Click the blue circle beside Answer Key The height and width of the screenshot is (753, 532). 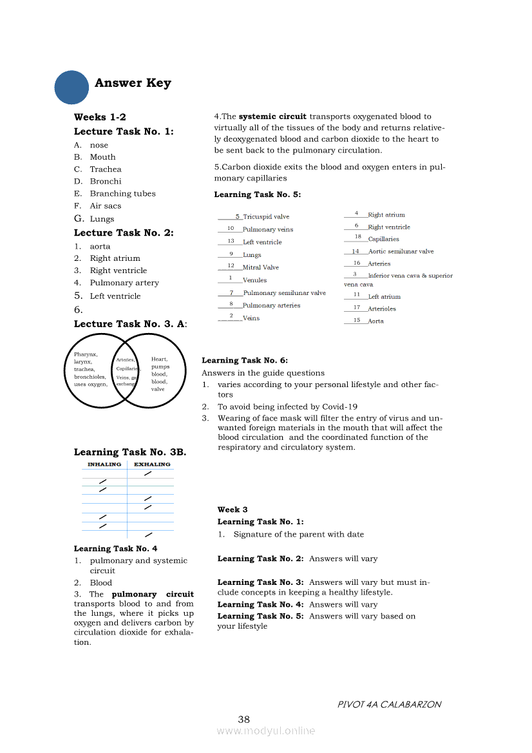[x=71, y=87]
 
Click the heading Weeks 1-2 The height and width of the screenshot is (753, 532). [x=100, y=117]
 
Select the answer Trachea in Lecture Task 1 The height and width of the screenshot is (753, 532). [x=106, y=169]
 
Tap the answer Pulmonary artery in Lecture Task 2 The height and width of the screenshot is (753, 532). [x=124, y=283]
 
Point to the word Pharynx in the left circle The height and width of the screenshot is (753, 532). [x=86, y=354]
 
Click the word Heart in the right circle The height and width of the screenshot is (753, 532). [x=159, y=359]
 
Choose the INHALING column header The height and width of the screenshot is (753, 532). [x=104, y=464]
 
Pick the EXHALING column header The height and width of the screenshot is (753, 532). [x=152, y=464]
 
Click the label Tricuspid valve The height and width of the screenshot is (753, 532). [x=266, y=217]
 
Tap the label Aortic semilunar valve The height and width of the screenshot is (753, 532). [x=401, y=252]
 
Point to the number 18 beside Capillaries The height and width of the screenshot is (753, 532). [x=357, y=237]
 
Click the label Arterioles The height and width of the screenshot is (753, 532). [x=382, y=309]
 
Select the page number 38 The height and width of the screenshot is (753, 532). [x=243, y=720]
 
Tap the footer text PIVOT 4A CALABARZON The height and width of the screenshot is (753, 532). [x=389, y=705]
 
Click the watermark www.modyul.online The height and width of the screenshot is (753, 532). [x=266, y=731]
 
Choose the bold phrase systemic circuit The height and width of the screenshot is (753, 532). [x=272, y=117]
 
